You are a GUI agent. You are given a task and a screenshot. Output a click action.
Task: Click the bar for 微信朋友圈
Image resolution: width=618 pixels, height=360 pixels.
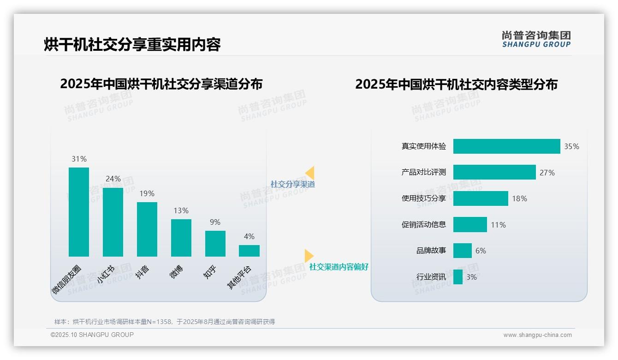click(x=79, y=212)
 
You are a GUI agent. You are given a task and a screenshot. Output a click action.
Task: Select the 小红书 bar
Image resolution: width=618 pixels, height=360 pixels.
click(x=113, y=222)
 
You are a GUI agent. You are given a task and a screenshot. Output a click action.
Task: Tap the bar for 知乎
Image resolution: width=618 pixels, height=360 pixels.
click(x=215, y=244)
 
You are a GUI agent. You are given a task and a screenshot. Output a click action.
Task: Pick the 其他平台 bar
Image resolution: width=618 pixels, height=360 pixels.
click(x=249, y=251)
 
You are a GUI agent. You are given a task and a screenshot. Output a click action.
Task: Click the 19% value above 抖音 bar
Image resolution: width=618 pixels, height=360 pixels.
click(x=147, y=194)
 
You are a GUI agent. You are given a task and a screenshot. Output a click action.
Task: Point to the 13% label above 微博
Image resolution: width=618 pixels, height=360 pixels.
click(x=181, y=211)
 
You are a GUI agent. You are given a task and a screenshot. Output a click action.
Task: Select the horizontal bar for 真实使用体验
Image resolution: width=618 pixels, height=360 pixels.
click(x=506, y=146)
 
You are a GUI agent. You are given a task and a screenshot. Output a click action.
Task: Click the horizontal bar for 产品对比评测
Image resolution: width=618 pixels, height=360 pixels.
click(x=494, y=172)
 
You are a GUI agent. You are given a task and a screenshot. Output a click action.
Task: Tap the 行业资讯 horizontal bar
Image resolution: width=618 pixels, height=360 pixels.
click(x=458, y=277)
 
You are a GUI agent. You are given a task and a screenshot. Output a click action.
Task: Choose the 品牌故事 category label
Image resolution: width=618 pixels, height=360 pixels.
click(x=431, y=251)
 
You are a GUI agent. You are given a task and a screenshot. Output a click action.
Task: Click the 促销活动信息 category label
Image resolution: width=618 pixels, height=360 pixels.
click(x=424, y=225)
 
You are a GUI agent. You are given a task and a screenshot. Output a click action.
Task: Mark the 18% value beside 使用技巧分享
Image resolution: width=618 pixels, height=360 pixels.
click(x=519, y=199)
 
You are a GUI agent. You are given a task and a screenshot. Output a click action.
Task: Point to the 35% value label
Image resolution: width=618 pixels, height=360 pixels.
click(x=571, y=147)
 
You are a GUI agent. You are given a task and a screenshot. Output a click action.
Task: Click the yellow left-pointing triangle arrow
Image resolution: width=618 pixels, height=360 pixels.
click(x=310, y=173)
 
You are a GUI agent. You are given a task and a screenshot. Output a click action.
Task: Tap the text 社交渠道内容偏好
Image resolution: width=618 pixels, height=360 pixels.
click(x=339, y=267)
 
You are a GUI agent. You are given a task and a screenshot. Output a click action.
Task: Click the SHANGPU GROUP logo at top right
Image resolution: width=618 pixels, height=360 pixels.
click(x=536, y=39)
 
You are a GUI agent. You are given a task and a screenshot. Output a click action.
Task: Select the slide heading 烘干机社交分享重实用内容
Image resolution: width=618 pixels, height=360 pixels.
click(x=132, y=44)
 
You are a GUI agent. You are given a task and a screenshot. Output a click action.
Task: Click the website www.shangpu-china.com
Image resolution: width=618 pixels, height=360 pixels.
click(x=537, y=335)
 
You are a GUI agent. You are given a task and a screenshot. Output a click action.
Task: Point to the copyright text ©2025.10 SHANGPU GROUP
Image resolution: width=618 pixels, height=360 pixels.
click(x=92, y=335)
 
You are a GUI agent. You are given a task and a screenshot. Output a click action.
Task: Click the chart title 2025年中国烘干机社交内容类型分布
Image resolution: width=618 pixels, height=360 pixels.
click(x=456, y=84)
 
